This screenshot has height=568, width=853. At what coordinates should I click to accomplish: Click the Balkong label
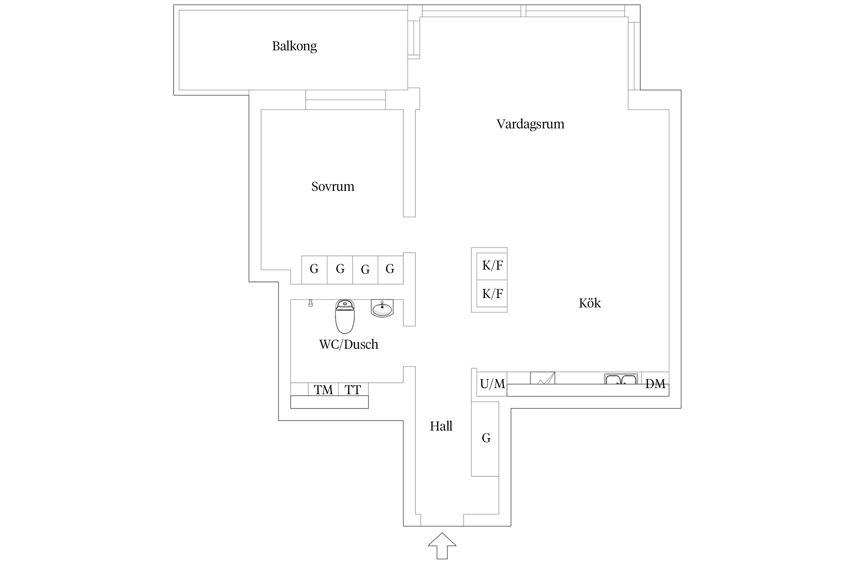[294, 46]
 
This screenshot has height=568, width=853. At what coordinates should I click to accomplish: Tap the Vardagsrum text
[530, 124]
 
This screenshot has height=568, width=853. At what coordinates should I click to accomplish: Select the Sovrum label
[332, 186]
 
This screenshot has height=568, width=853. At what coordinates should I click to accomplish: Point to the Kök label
[590, 303]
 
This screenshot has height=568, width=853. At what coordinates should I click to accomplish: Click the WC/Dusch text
[348, 344]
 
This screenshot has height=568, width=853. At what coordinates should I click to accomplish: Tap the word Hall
[441, 426]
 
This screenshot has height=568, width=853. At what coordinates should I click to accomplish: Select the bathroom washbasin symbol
[382, 308]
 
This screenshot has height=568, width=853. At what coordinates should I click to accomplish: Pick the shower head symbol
[310, 303]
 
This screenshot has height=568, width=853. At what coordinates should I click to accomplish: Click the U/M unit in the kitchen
[492, 384]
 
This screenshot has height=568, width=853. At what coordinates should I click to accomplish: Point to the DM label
[655, 384]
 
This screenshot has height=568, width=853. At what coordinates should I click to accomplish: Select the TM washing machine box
[323, 390]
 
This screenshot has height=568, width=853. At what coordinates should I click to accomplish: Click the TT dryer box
[353, 390]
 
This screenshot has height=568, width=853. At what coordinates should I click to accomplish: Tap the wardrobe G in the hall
[486, 438]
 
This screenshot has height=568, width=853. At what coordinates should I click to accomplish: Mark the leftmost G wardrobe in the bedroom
[314, 269]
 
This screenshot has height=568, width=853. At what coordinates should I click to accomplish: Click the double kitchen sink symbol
[620, 379]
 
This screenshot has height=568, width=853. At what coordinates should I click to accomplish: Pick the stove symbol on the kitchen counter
[543, 378]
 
